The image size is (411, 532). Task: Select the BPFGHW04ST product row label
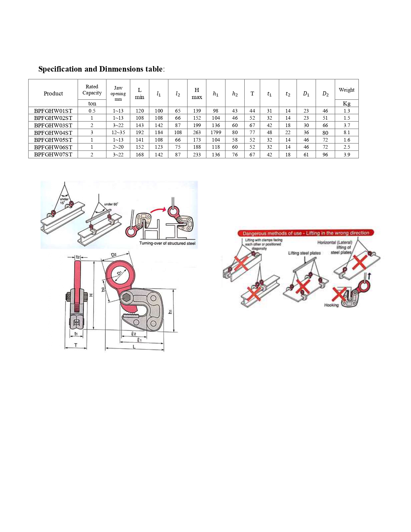(x=53, y=133)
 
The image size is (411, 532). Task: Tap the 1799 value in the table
(x=216, y=133)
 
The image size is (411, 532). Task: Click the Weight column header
(x=347, y=90)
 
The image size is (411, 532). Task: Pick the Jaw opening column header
(x=118, y=93)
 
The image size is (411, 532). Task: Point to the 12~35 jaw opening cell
(x=118, y=133)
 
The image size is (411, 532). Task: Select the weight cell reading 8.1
(x=347, y=133)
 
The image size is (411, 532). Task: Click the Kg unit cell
(x=347, y=103)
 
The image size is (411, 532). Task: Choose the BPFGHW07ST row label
(x=53, y=154)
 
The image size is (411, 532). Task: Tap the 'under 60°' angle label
(x=111, y=204)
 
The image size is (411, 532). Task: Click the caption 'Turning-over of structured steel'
(x=167, y=243)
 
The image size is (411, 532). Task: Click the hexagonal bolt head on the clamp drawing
(x=126, y=297)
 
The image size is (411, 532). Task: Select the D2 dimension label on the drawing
(x=114, y=255)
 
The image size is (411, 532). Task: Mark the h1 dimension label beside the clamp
(x=170, y=311)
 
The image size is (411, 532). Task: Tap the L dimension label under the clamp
(x=134, y=347)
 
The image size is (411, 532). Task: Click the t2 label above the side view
(x=78, y=257)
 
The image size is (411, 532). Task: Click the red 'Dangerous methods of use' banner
(x=306, y=233)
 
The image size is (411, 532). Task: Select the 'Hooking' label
(x=331, y=305)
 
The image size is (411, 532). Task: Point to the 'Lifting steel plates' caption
(x=304, y=253)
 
